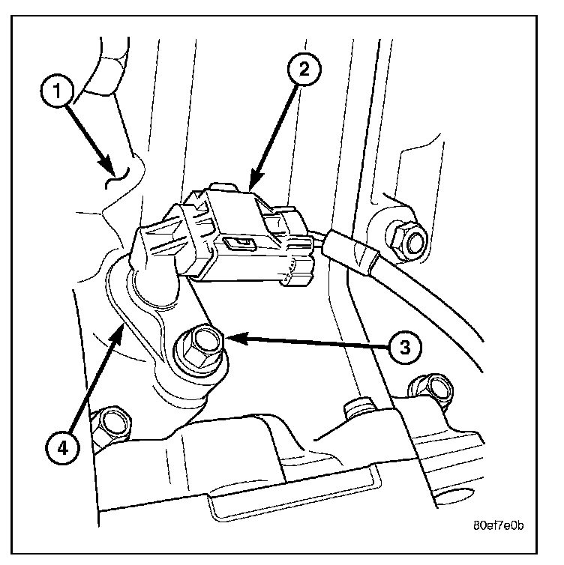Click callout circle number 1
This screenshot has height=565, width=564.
coord(57,91)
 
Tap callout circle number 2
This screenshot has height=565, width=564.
coord(304,69)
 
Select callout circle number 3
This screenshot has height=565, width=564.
coord(405,348)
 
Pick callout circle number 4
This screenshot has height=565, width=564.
coord(62,449)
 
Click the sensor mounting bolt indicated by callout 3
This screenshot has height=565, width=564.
coord(201,348)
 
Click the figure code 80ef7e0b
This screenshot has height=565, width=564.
coord(498,526)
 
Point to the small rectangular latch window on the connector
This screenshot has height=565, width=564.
coord(240,244)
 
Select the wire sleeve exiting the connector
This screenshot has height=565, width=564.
coord(350,253)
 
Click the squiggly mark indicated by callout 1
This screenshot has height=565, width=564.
coord(117,178)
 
